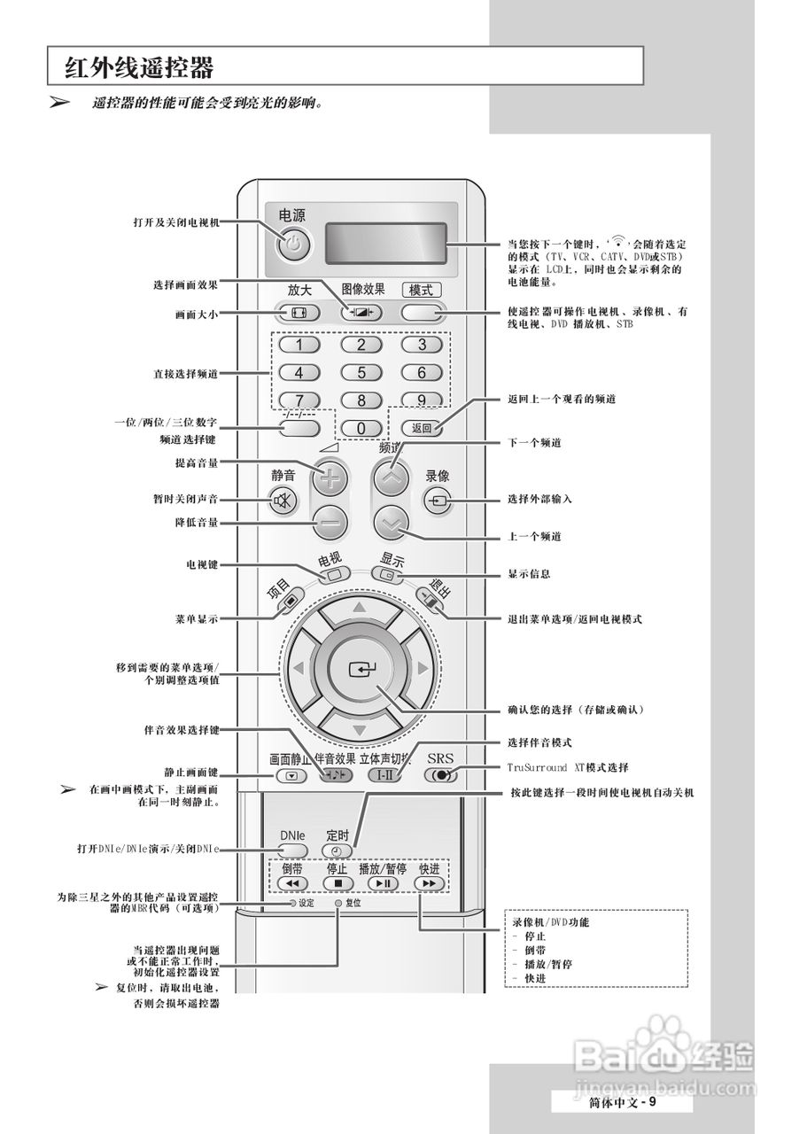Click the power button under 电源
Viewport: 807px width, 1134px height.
(296, 245)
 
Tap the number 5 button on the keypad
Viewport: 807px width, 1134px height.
(361, 373)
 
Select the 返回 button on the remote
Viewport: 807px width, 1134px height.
(421, 428)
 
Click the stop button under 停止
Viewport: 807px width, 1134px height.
(338, 883)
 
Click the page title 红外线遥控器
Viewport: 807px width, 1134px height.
(139, 67)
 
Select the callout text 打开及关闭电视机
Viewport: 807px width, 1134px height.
(175, 222)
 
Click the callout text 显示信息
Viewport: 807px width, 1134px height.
(530, 574)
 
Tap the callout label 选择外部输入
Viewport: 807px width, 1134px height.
(540, 499)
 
